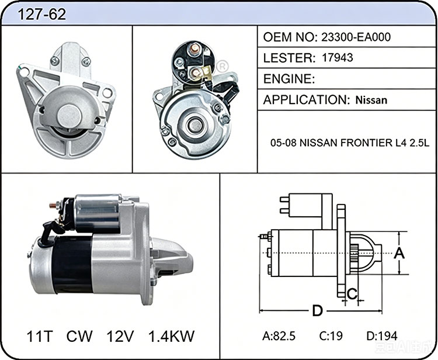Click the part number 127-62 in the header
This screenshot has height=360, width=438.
(41, 14)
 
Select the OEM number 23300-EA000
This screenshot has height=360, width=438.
(356, 37)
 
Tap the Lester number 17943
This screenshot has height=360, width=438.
(338, 58)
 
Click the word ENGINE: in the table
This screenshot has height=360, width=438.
(289, 79)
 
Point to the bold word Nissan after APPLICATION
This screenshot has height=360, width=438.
(371, 100)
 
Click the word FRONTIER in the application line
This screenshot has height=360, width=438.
(366, 143)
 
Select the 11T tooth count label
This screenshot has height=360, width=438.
(39, 336)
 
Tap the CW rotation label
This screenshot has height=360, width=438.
(79, 336)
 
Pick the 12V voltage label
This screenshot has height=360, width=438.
(120, 336)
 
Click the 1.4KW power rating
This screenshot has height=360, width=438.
(171, 336)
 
